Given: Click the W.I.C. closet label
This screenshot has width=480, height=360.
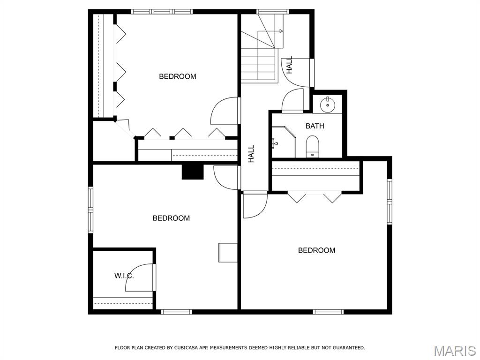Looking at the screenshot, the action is point(124,276).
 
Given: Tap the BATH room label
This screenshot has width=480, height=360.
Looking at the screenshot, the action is point(315,126).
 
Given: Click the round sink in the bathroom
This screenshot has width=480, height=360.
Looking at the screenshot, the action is point(328,105).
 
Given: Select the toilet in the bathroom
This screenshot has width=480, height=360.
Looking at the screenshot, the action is point(313,146).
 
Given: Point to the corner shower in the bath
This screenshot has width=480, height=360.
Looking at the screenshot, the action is point(284,142).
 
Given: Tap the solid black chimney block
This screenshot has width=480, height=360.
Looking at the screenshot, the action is point(193,172).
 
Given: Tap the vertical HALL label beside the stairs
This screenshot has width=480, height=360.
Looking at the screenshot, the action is point(289,65).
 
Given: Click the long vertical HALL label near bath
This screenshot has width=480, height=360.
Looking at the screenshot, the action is point(251,154).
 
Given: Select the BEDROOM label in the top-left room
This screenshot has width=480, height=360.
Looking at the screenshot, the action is point(178,76).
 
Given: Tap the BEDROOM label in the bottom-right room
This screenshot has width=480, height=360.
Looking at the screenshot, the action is point(316,250).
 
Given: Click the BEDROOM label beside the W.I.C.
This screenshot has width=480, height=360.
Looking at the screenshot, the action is point(171,218).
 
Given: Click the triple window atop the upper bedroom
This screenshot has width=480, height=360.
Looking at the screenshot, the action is point(162,12).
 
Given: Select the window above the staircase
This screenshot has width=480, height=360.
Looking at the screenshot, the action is point(273,12).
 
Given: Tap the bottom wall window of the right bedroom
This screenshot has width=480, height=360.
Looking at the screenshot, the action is point(328,312).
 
